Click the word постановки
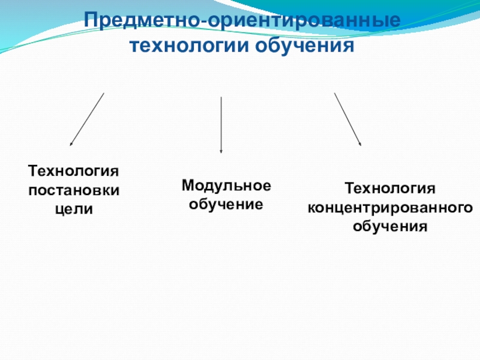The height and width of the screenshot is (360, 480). [x=74, y=190]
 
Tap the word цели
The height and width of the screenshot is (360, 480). [x=74, y=209]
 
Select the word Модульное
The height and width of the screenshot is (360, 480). [x=226, y=185]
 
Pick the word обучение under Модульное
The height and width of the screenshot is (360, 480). [x=226, y=204]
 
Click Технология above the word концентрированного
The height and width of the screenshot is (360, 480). [x=389, y=189]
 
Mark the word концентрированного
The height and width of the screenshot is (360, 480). [x=390, y=208]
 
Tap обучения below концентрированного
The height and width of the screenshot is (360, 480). [x=390, y=227]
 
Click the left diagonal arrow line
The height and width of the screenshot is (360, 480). [x=88, y=119]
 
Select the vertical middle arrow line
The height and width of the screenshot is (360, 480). [x=221, y=123]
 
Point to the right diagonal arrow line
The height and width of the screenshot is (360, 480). [x=347, y=119]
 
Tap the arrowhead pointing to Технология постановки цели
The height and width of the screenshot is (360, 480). [x=71, y=144]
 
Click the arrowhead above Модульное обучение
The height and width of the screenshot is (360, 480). [x=221, y=151]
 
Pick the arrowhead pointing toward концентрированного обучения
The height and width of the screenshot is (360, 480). [x=360, y=144]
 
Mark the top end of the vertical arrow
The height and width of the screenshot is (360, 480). [x=221, y=97]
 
